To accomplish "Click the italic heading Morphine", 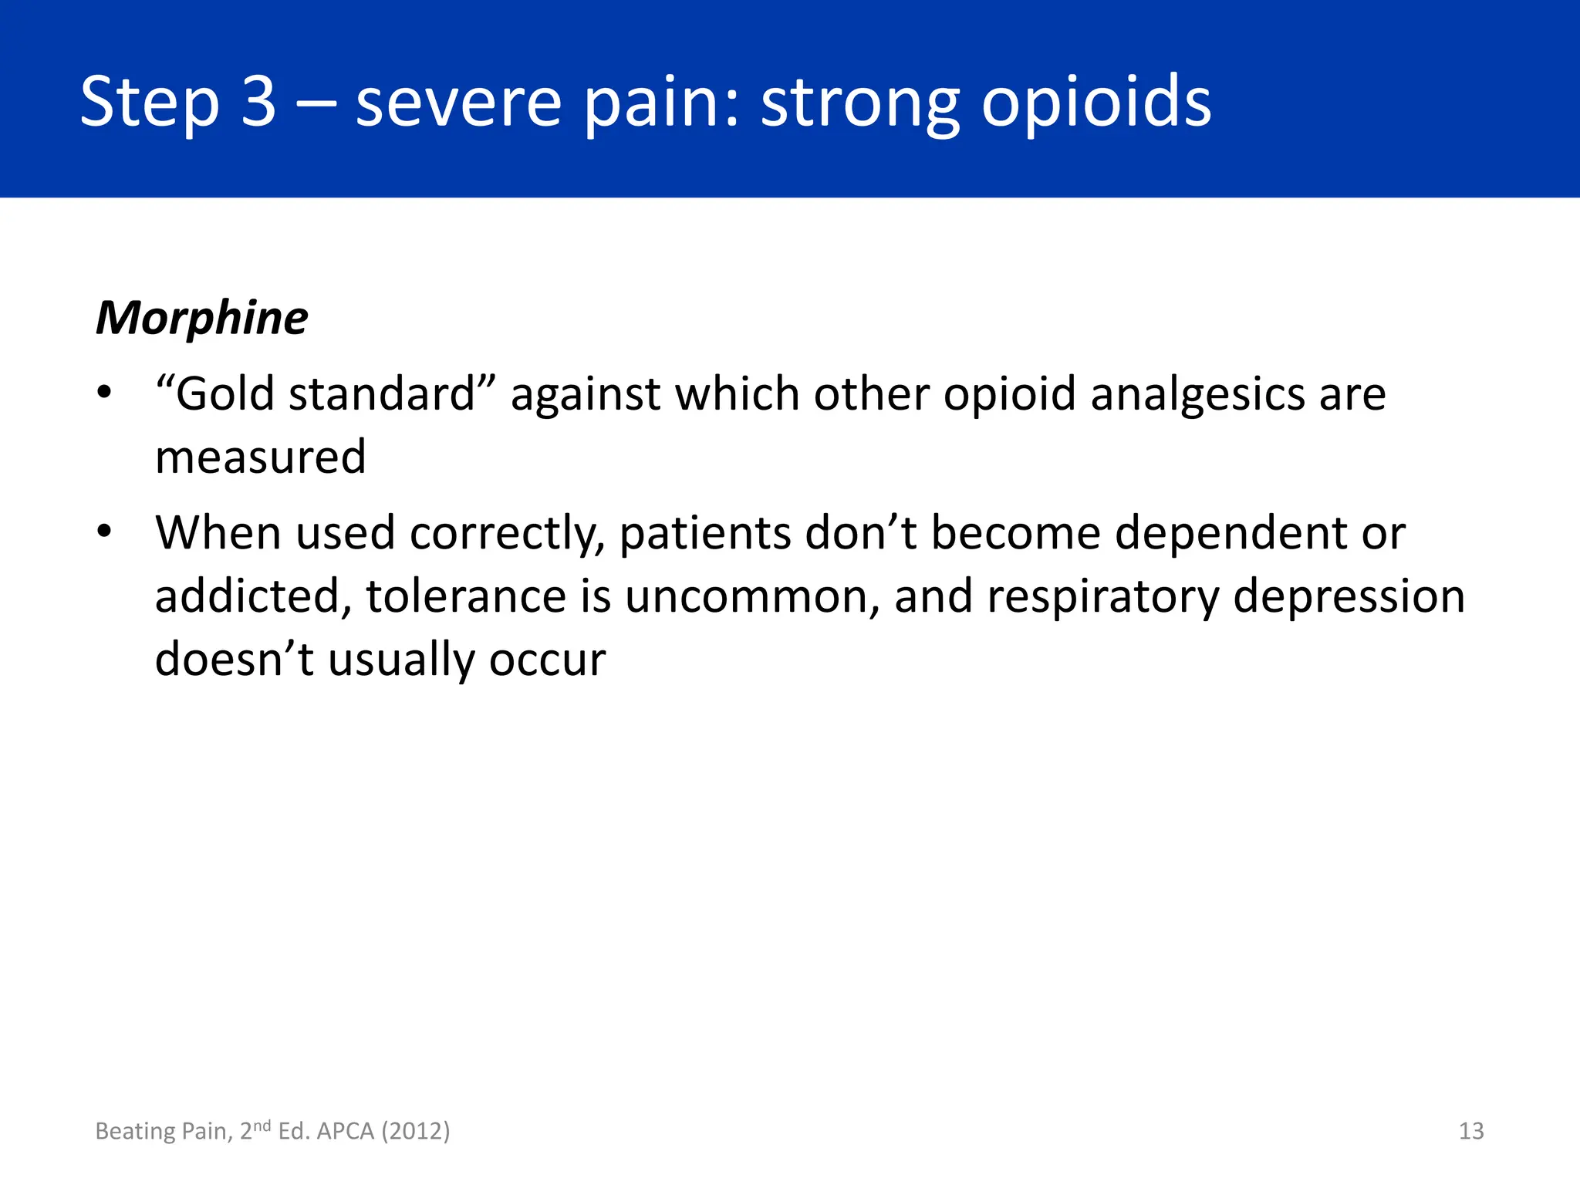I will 201,318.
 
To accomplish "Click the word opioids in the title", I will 1096,102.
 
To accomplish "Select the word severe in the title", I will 458,103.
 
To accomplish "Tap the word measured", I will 260,457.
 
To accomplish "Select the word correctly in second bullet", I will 507,534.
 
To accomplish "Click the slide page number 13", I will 1471,1131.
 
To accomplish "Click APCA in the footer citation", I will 346,1131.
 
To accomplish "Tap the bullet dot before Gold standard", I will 105,394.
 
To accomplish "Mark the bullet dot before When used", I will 105,532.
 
